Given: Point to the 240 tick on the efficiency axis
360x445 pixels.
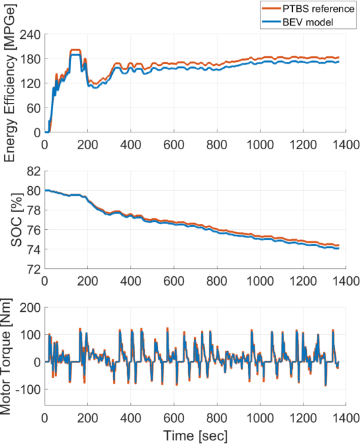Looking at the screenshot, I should point(30,34).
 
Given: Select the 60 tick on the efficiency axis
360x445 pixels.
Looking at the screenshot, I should point(33,108).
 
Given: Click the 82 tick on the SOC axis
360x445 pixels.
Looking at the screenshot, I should point(33,171).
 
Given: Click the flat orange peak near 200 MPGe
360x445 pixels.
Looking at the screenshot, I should point(75,50).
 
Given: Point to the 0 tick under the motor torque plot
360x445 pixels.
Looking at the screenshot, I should point(44,417).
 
